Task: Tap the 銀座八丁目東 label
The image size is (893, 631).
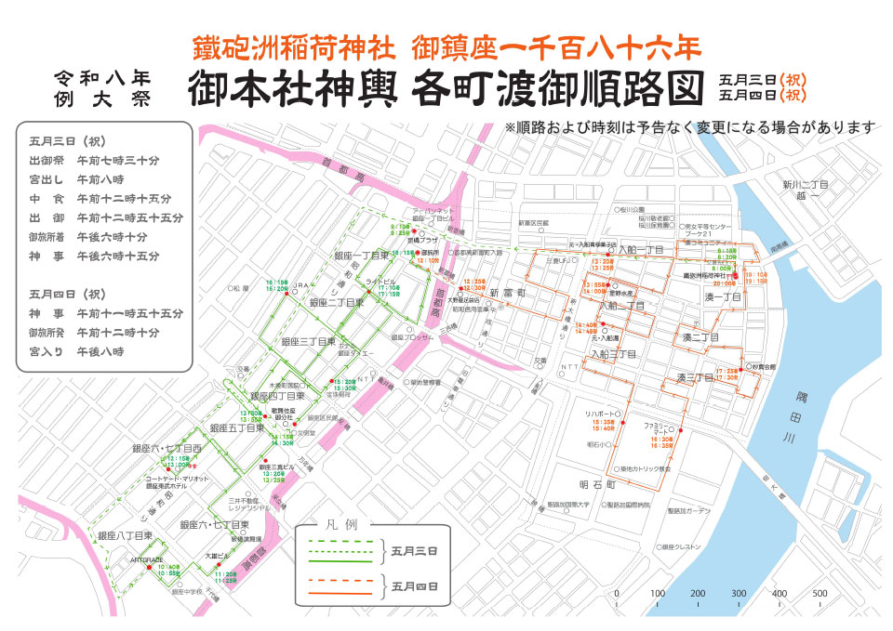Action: [125, 536]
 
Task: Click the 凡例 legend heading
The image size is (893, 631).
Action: [341, 525]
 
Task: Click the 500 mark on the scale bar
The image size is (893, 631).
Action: [820, 594]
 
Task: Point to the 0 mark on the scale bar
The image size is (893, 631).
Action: [616, 594]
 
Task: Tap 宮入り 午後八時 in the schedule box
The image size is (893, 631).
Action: [82, 352]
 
